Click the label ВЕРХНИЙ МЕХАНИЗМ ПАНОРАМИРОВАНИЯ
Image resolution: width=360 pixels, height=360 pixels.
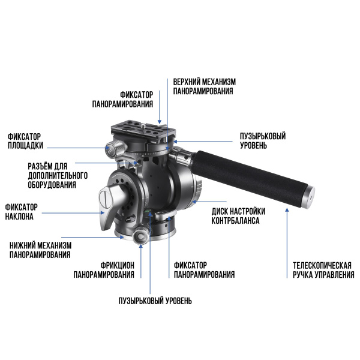coord(204,86)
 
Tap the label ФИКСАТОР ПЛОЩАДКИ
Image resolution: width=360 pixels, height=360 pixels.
coord(25,141)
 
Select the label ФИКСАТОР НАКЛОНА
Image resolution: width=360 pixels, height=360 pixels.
coord(21,212)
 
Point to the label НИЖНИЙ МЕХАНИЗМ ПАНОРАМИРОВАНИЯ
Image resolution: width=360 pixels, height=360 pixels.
coord(40,250)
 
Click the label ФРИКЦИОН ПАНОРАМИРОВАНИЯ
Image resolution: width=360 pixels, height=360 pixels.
coord(104,270)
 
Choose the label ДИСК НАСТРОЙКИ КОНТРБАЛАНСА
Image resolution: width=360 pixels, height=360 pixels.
coord(238,216)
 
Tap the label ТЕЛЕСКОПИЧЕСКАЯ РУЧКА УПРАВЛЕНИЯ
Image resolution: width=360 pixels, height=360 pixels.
coord(323,270)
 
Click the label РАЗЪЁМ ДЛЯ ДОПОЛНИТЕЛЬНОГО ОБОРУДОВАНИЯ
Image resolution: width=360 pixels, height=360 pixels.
coord(58,175)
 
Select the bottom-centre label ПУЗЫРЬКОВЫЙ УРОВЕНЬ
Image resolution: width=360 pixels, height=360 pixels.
coord(155,301)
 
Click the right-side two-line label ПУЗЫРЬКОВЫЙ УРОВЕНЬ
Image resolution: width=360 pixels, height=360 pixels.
coord(263,140)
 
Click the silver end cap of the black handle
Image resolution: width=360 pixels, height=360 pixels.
coord(309,197)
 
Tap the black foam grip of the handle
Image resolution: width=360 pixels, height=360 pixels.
coord(249,177)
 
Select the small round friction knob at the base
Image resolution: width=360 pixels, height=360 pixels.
coord(140,236)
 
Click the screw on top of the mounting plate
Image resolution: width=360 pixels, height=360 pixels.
coord(143,125)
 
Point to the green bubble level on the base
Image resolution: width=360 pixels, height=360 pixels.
coord(148,211)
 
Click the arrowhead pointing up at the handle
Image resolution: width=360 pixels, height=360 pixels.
coord(287,210)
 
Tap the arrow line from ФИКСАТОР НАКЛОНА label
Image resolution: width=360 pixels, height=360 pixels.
coord(73,213)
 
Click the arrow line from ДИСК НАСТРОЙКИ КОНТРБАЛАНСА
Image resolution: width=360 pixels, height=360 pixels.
coord(209,202)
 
